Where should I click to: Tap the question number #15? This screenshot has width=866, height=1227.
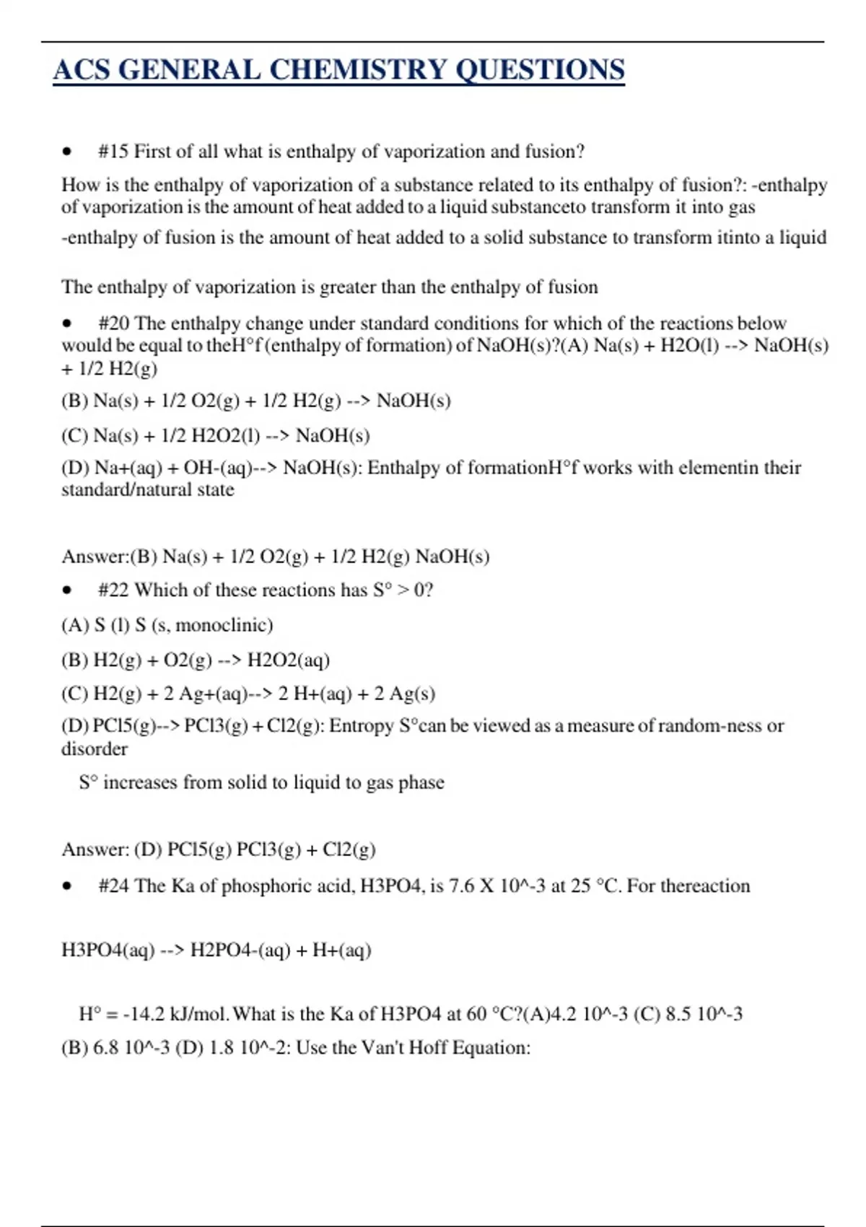(113, 152)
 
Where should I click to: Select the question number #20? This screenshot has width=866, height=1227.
(113, 323)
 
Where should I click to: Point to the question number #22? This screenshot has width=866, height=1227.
(113, 590)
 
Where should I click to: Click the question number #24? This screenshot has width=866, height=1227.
(113, 886)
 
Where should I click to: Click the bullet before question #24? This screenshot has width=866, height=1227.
(67, 886)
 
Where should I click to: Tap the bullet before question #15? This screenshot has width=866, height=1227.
(67, 152)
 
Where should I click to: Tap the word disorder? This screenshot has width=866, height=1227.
(95, 749)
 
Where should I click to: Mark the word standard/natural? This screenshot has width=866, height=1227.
(147, 490)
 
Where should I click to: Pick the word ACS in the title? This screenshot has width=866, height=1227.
(81, 70)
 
